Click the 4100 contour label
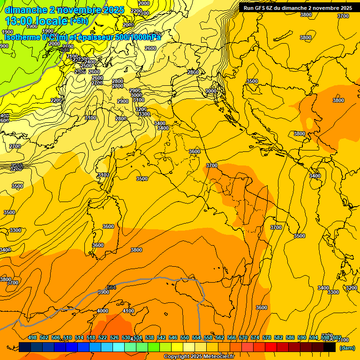tap(128, 311)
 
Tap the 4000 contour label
tap(102, 311)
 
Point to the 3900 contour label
tap(103, 292)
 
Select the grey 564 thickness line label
tap(112, 287)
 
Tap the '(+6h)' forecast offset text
tap(78, 21)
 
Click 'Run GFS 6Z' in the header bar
tap(258, 8)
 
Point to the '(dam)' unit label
tap(347, 348)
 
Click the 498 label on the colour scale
tap(32, 338)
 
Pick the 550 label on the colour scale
tap(185, 338)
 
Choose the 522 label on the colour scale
tap(103, 338)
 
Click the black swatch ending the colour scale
tap(330, 347)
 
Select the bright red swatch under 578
tap(271, 347)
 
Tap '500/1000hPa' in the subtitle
tap(138, 37)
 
